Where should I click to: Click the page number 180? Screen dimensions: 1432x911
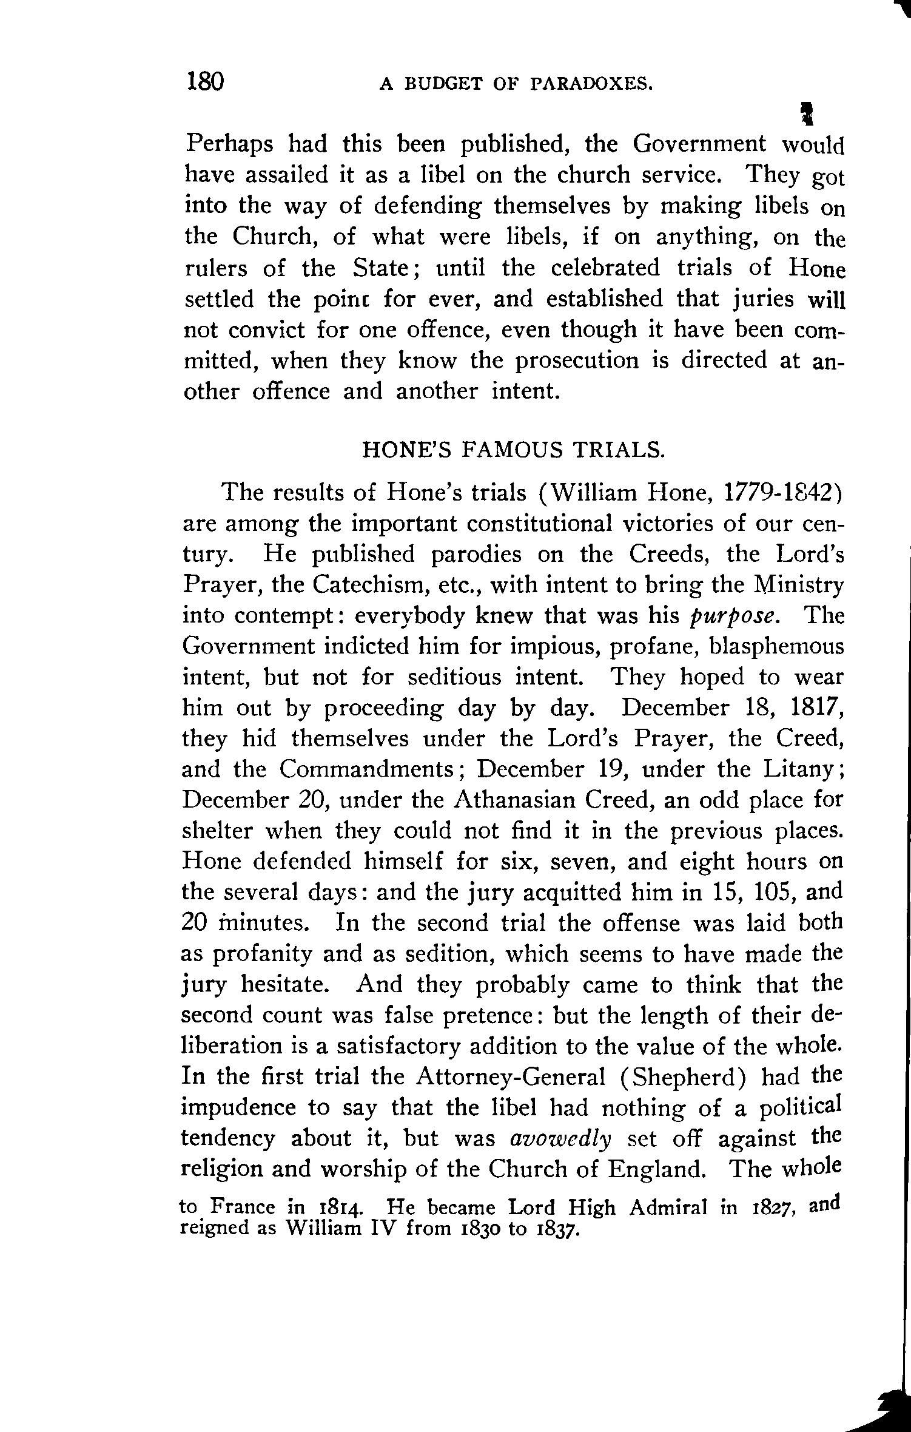(206, 81)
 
